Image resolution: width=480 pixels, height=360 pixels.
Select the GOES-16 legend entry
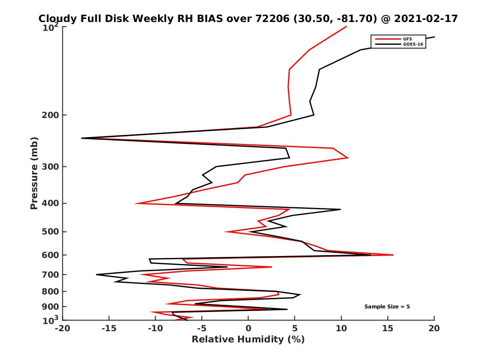click(x=413, y=44)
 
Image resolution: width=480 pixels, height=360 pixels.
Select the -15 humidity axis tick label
click(x=108, y=328)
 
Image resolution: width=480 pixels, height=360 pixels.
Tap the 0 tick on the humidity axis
click(x=248, y=328)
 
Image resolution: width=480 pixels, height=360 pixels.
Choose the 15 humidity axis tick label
click(x=388, y=328)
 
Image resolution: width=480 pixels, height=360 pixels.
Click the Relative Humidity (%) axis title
click(x=248, y=340)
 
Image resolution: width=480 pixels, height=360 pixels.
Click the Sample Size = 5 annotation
click(x=387, y=307)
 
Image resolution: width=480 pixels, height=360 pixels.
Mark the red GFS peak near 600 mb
click(x=393, y=255)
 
